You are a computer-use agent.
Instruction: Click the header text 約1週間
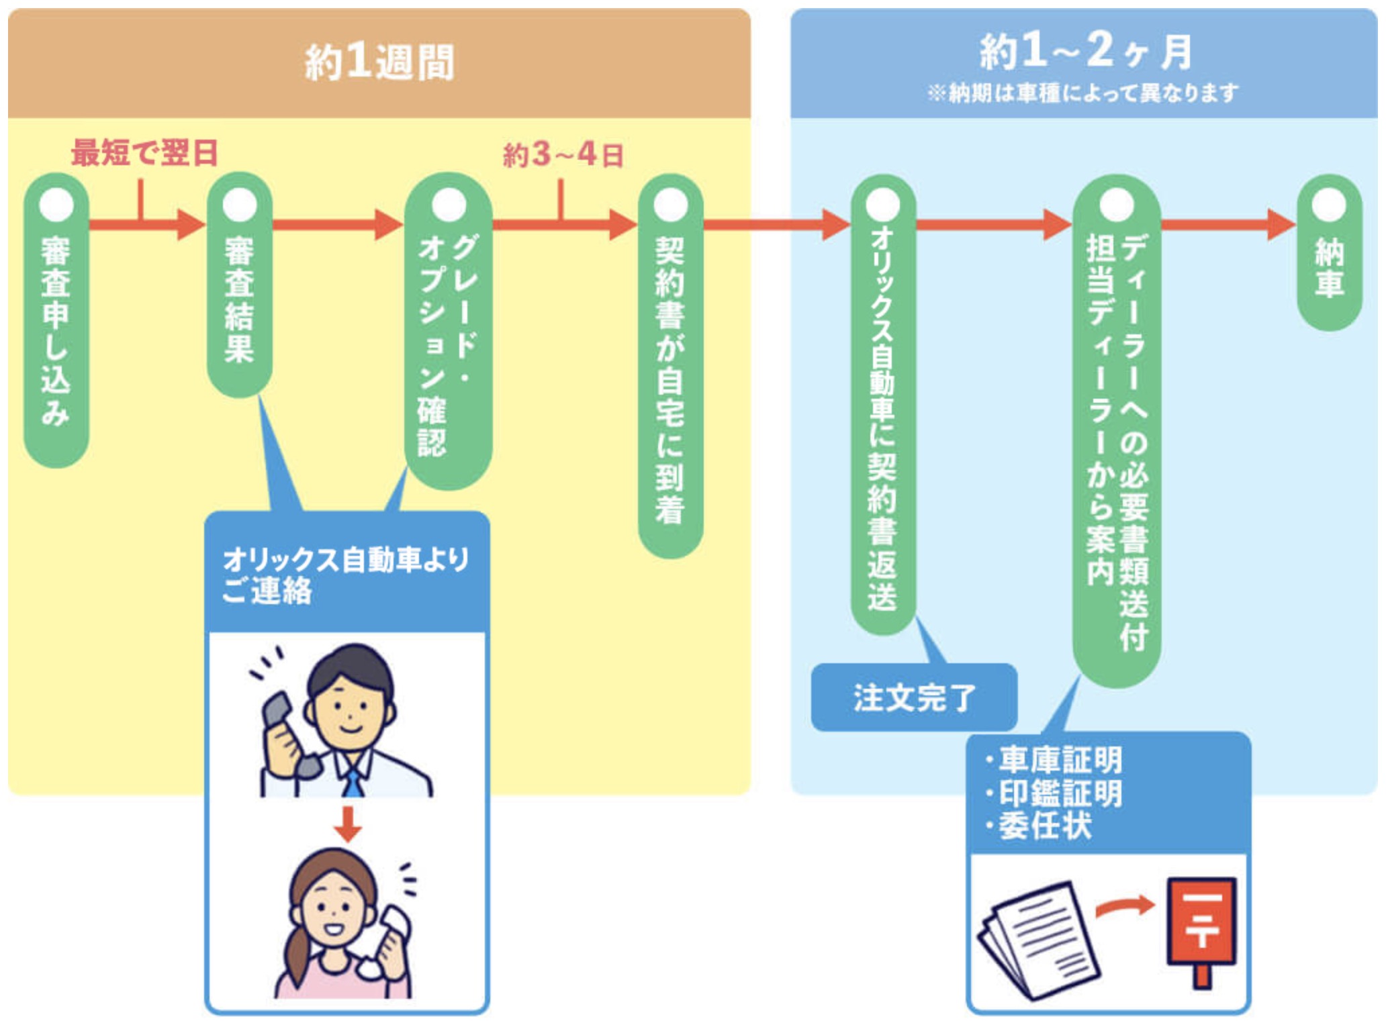pos(379,62)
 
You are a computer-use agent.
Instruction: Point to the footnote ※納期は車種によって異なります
pos(1082,93)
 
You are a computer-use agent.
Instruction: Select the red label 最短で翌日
pos(145,153)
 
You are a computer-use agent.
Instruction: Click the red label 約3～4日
pos(563,155)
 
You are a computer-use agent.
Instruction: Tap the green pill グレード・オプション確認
pos(448,336)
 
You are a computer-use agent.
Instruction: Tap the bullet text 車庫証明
pos(1060,761)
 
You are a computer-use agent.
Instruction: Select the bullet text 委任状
pos(1044,826)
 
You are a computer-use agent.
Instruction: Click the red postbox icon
pos(1201,926)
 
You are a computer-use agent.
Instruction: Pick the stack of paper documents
pos(1039,940)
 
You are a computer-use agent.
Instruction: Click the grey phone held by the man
pos(285,732)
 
